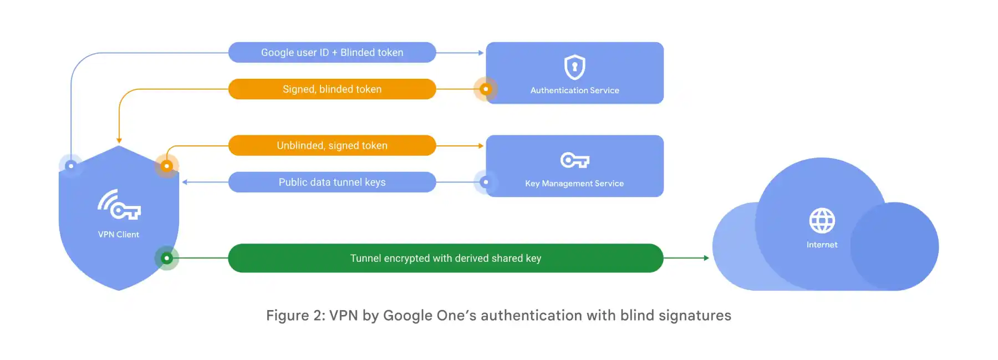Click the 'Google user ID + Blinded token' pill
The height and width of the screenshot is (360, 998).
coord(332,53)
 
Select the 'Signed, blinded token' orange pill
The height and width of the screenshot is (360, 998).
coord(332,89)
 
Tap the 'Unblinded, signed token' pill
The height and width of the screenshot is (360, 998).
coord(332,145)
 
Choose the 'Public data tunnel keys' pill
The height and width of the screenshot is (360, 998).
coord(332,182)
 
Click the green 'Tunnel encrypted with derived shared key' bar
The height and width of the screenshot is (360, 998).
coord(445,258)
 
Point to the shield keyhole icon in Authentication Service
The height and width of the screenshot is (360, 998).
coord(574,67)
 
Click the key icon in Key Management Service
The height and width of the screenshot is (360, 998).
coord(574,160)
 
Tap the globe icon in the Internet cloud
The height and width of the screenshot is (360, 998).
coord(822,221)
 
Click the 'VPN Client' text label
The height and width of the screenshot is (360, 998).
coord(119,235)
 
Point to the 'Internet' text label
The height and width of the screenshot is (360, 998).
coord(822,245)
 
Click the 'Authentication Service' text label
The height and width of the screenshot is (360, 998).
coord(574,90)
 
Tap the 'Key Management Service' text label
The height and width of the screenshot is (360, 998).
coord(574,184)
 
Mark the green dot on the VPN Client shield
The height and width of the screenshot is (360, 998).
coord(166,258)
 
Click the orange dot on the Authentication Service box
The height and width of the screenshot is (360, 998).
coord(486,89)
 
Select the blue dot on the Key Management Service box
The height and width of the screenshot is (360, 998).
coord(486,182)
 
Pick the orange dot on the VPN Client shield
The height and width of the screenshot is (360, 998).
coord(166,166)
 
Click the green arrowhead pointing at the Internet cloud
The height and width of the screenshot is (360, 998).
coord(706,258)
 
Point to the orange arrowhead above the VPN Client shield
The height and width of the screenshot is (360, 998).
coord(119,141)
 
